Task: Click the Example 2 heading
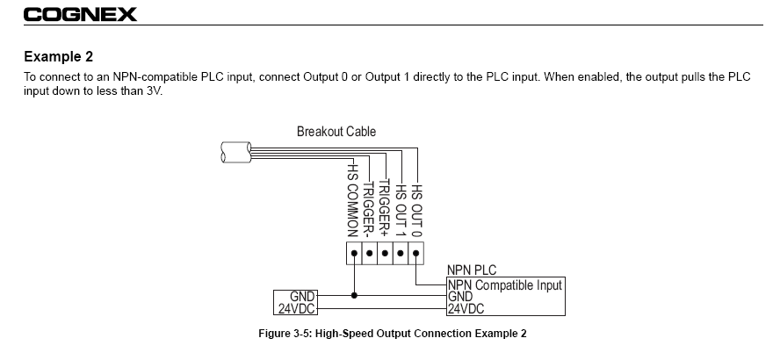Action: (58, 57)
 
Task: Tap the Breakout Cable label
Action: (336, 132)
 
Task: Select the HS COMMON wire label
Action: (353, 198)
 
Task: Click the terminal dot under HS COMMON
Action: (354, 256)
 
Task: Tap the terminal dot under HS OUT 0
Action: (416, 256)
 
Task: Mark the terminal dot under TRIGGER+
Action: (385, 256)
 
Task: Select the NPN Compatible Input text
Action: (504, 284)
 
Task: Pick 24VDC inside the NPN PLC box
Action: (466, 309)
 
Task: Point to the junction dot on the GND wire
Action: (354, 296)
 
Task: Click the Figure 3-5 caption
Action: (393, 334)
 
